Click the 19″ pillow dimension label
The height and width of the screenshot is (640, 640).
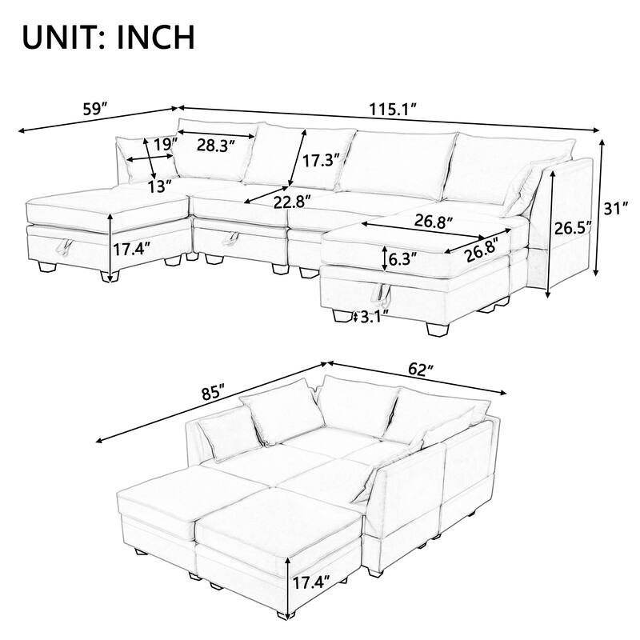(165, 145)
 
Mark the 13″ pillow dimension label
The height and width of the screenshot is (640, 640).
(160, 186)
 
